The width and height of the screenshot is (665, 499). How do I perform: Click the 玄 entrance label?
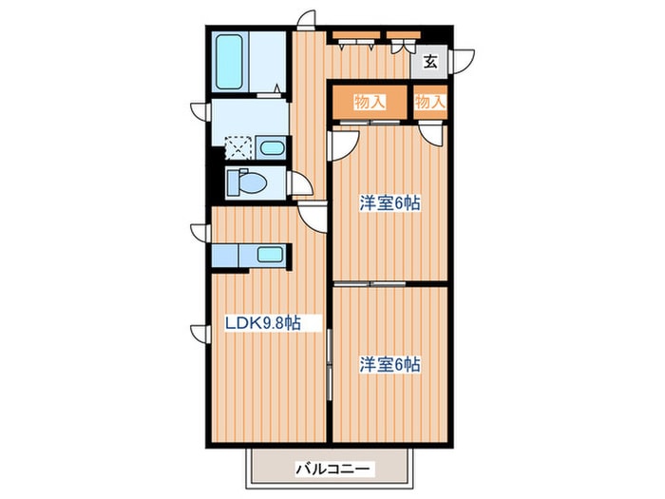pos(429,64)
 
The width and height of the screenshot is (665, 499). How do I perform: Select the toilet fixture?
pos(244,182)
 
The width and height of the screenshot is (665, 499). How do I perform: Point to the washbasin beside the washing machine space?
pos(272,147)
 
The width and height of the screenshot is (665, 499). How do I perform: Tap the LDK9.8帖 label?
pos(262,323)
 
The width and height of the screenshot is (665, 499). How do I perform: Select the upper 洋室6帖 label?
pos(389,202)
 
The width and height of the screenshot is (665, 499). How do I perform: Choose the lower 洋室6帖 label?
pos(389,364)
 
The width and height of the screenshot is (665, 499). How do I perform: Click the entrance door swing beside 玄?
pos(460,59)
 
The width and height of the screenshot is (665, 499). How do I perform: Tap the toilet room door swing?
pos(301,184)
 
